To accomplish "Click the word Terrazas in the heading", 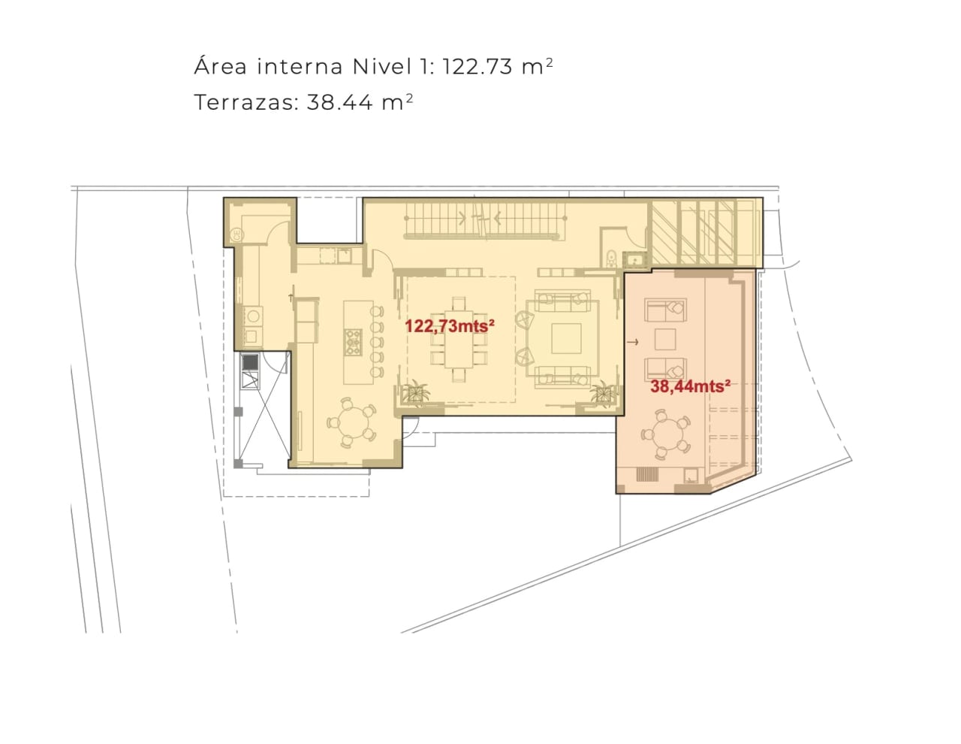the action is [244, 102].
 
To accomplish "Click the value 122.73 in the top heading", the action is [477, 67].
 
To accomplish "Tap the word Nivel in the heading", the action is [382, 66].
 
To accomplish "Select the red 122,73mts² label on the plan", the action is [449, 326].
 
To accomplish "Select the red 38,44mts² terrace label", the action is [690, 386].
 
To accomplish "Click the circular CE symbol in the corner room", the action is [237, 234].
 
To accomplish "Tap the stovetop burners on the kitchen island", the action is [353, 342].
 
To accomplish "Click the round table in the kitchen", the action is [351, 423].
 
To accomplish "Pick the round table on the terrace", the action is [666, 434].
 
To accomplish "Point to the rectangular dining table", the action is [459, 339].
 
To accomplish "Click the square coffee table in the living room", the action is [566, 338].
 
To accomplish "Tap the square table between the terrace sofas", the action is [665, 340].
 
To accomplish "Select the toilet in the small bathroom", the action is [611, 258].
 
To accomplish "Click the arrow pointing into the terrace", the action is [633, 342].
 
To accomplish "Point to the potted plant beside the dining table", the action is [416, 392].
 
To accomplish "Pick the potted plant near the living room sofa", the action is [602, 392].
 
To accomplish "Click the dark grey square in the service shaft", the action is [250, 362].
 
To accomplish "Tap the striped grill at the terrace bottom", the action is [647, 475].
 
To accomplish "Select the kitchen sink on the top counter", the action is [344, 256].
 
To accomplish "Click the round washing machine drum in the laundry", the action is [254, 316].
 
